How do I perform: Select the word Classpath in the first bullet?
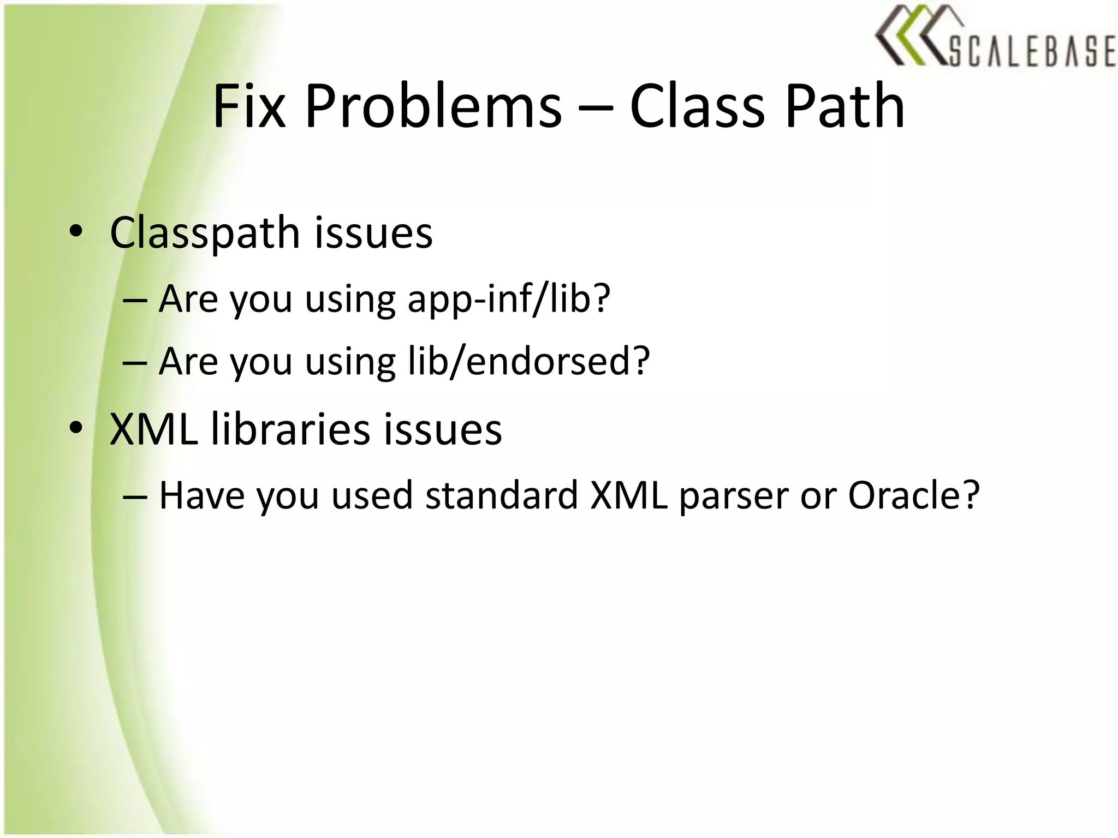[x=205, y=234]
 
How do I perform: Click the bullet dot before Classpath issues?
[x=76, y=232]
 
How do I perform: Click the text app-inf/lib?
[x=509, y=300]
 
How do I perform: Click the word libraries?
[x=290, y=429]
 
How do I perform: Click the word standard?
[x=501, y=495]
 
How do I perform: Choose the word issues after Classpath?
[x=373, y=234]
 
